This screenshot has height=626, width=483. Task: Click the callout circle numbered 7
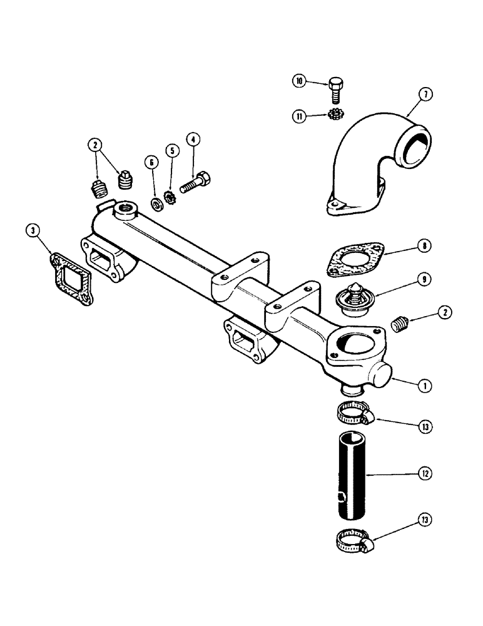[425, 95]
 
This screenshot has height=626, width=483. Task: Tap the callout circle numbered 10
[300, 81]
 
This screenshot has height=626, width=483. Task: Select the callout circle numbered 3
[35, 231]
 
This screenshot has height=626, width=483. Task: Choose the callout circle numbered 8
[425, 246]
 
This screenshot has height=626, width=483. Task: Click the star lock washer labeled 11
[335, 115]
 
